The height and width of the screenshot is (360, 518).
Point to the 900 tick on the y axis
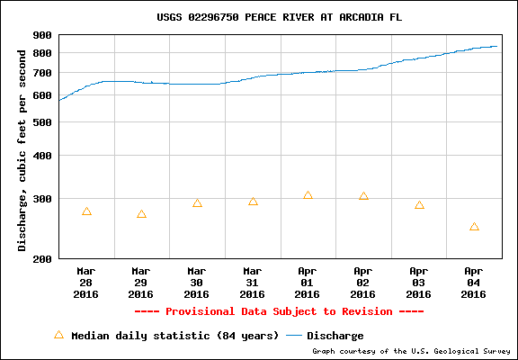tap(42, 35)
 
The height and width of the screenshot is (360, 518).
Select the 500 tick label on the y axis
tap(42, 121)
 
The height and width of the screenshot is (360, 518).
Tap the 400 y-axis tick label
tap(42, 156)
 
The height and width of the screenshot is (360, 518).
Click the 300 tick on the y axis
tap(42, 199)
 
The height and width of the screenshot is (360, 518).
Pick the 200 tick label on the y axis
tap(42, 259)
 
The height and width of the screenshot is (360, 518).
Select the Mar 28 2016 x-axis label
tap(85, 282)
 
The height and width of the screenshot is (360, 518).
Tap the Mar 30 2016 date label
tap(196, 282)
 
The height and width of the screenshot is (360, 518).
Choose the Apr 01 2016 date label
tap(308, 282)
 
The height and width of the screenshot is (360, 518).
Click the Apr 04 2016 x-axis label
tap(474, 282)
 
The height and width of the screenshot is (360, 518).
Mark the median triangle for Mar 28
tap(86, 211)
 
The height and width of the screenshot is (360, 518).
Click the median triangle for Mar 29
tap(141, 214)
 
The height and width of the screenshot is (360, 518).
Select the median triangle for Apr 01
tap(308, 195)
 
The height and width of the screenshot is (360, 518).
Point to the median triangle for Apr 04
tap(474, 227)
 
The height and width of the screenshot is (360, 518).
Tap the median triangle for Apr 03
tap(419, 205)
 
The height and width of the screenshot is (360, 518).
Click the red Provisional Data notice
tap(279, 311)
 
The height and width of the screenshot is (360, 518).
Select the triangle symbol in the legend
tap(58, 334)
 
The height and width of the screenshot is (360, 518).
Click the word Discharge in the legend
tap(335, 336)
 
